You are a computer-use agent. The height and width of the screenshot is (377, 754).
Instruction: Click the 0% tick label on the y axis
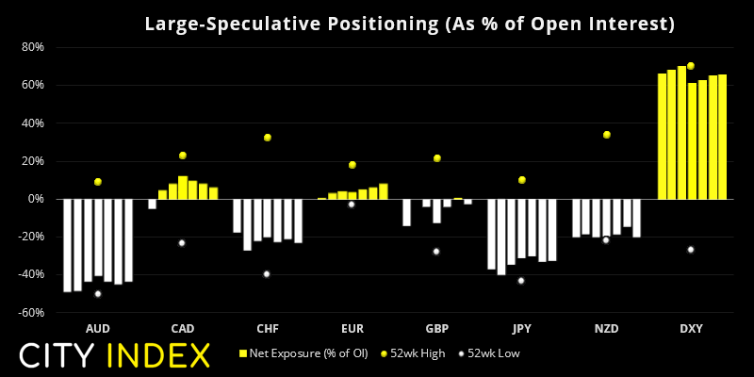pos(36,199)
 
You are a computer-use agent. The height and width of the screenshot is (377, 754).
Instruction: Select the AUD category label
pos(97,329)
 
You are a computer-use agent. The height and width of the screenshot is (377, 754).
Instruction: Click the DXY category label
pos(691,329)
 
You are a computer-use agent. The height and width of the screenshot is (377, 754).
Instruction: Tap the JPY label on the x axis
pos(521,329)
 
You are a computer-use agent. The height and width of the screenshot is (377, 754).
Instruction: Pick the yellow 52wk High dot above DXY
pos(691,66)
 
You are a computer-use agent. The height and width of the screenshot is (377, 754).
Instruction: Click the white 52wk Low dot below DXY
pos(691,250)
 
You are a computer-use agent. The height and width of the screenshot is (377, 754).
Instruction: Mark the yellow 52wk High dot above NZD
pos(607,135)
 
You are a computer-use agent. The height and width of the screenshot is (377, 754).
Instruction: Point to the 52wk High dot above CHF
pos(268,138)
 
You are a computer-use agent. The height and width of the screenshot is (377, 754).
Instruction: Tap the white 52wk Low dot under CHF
pos(267,274)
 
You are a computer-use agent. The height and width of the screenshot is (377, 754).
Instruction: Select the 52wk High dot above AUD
pos(97,182)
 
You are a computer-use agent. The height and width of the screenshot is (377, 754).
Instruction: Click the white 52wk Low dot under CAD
pos(182,243)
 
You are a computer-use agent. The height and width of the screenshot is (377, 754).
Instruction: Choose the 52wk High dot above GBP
pos(437,158)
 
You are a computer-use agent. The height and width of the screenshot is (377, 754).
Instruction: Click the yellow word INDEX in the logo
pos(158,356)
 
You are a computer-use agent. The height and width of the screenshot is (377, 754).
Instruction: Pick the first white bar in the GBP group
pos(406,212)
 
